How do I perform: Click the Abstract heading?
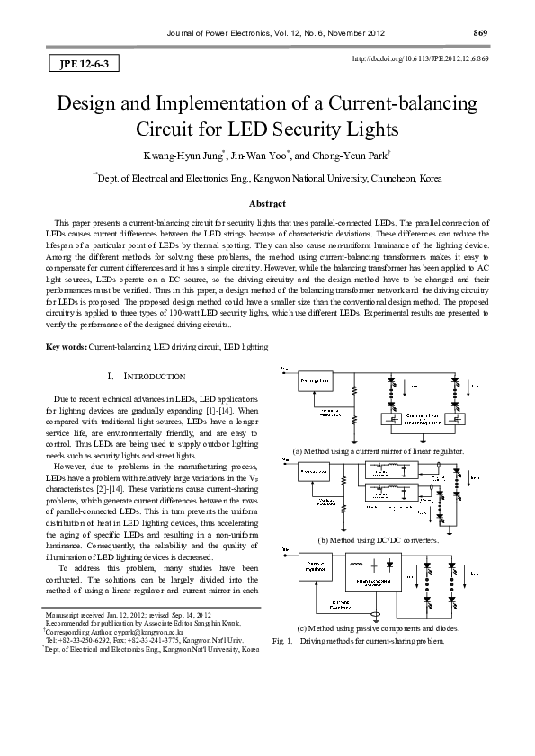[x=267, y=205]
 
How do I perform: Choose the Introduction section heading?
[x=147, y=376]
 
